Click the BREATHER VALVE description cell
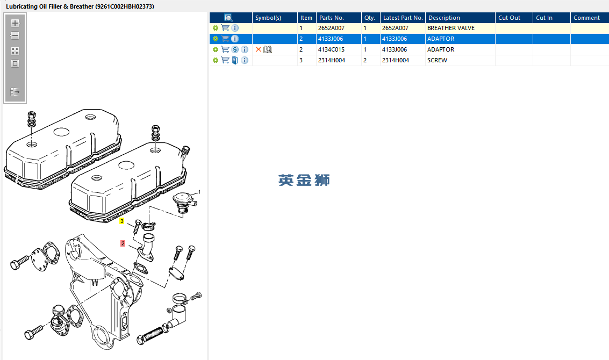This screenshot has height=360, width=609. point(450,28)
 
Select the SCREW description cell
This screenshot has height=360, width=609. point(437,60)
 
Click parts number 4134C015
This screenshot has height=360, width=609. point(331,49)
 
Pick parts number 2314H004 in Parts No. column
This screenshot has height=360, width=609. point(331,60)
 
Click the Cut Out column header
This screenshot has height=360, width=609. point(509,18)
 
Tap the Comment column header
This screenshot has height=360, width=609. point(586,18)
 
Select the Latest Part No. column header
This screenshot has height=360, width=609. point(403,18)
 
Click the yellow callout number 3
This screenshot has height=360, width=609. point(122,221)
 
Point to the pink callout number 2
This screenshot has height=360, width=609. point(123,243)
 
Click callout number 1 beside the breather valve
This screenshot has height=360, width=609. point(199,191)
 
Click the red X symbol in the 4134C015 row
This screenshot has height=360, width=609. point(259,49)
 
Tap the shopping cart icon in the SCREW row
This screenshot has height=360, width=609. point(225,60)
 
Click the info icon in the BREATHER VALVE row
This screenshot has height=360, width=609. point(235,28)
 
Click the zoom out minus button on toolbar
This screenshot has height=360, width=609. point(15,36)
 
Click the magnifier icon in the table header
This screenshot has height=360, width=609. point(228,18)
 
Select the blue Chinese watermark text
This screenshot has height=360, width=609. point(304,181)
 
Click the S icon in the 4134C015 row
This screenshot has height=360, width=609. point(235,49)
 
